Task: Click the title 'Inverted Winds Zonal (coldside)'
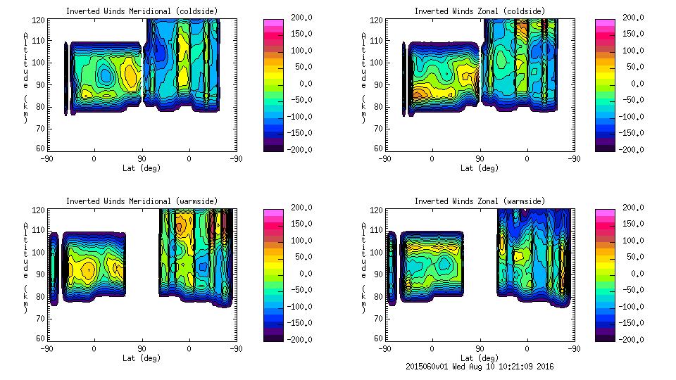[480, 11]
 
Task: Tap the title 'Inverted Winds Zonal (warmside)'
[480, 201]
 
